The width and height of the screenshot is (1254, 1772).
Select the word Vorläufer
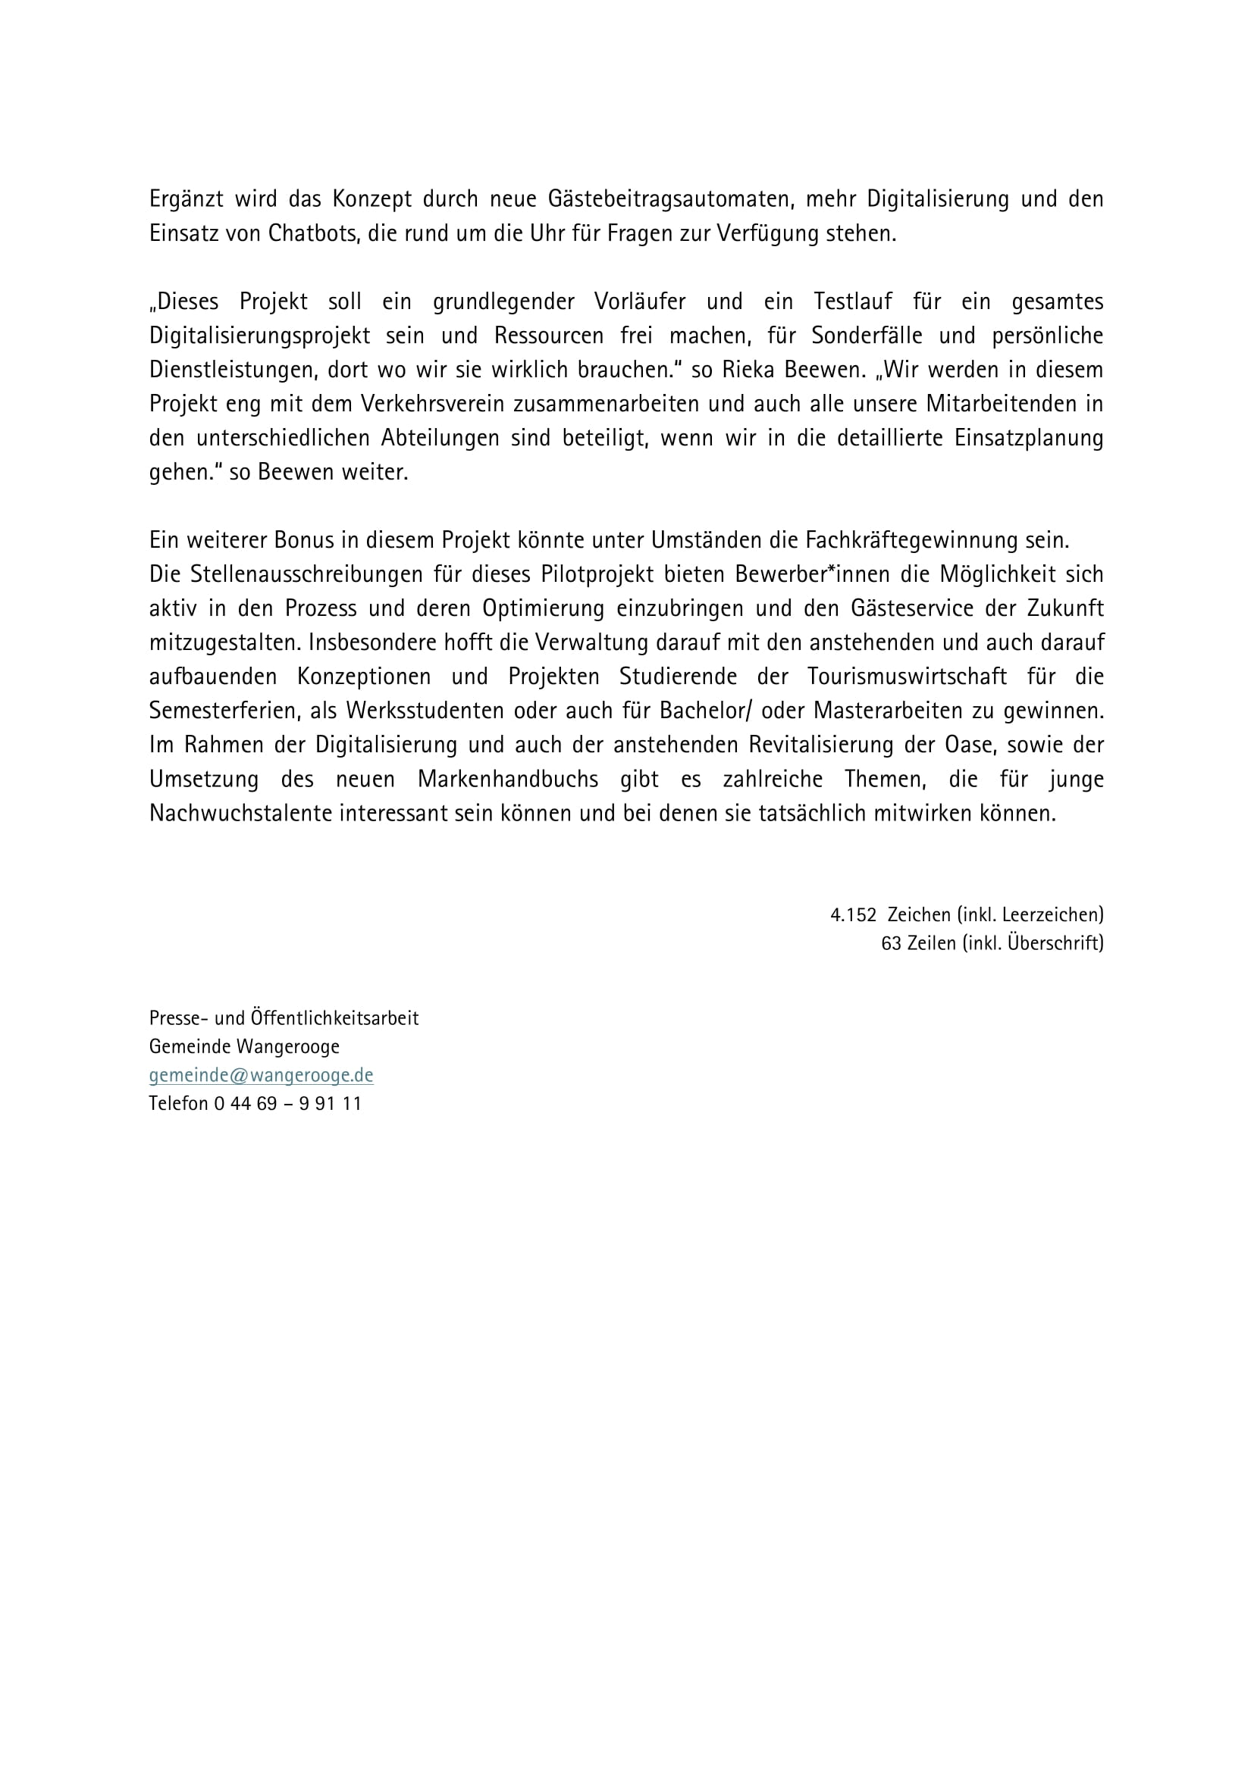pyautogui.click(x=639, y=301)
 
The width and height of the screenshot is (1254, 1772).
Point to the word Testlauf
pyautogui.click(x=852, y=301)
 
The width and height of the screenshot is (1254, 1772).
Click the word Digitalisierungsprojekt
pyautogui.click(x=259, y=336)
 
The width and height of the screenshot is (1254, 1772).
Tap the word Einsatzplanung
pyautogui.click(x=1029, y=438)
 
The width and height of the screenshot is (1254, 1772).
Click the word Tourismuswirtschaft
pyautogui.click(x=907, y=677)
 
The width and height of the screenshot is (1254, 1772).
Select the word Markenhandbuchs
pyautogui.click(x=507, y=779)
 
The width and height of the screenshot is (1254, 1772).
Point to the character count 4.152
pyautogui.click(x=853, y=915)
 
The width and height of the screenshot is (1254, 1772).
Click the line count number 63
pyautogui.click(x=891, y=943)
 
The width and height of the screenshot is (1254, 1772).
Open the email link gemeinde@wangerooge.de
pyautogui.click(x=261, y=1075)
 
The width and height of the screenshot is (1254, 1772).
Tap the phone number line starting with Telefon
pyautogui.click(x=255, y=1104)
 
